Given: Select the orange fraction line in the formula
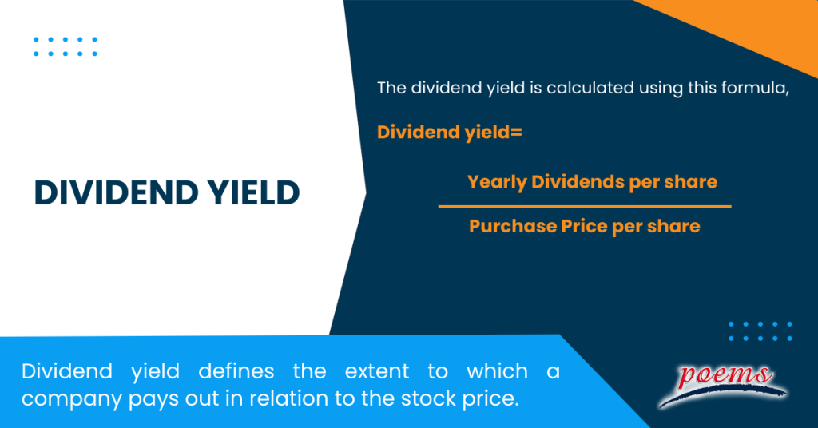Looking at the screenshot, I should (x=585, y=206).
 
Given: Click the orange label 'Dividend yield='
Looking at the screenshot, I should (x=449, y=132).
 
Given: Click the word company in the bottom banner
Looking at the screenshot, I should (x=69, y=398).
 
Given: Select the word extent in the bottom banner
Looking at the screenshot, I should (x=376, y=371).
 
